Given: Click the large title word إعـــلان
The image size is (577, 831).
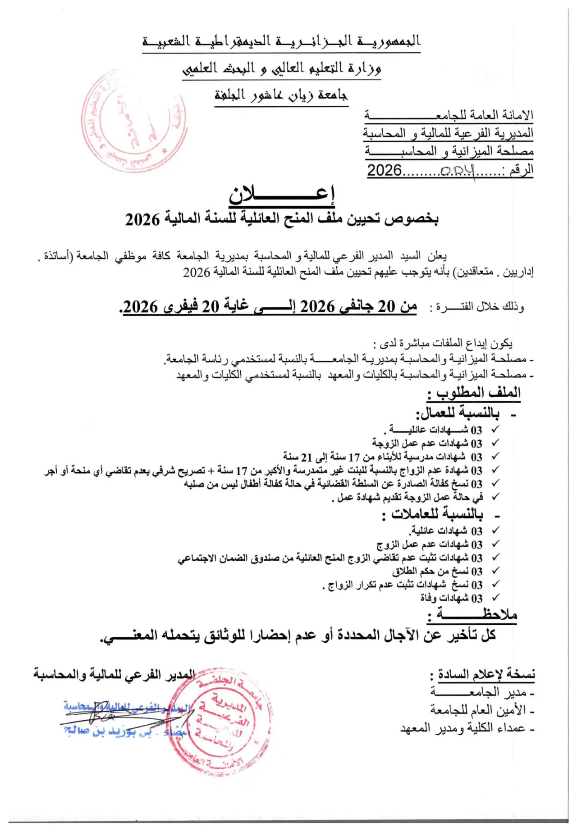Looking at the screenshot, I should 282,194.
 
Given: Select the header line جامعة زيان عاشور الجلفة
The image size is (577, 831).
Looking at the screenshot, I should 281,95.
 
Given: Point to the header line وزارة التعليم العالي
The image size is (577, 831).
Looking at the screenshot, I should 281,68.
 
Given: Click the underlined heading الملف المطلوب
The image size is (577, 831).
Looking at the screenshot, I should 473,393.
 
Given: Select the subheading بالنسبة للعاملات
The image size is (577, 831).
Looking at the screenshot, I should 437,514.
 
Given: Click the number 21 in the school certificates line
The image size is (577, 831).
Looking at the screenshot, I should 307,457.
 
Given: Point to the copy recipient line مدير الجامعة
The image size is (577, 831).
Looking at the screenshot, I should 482,692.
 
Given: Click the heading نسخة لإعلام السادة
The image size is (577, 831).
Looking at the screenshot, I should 482,674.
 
